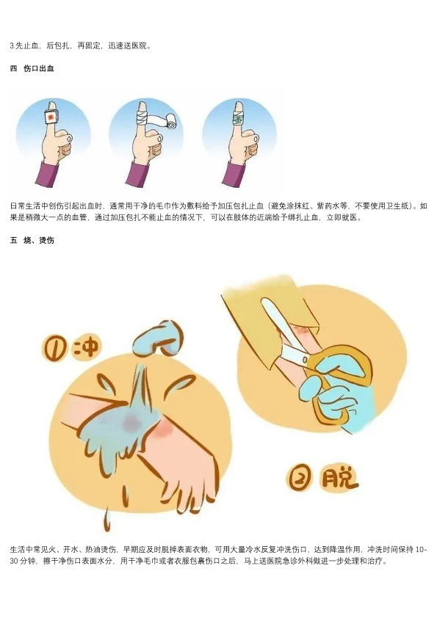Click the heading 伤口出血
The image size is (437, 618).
[x=39, y=68]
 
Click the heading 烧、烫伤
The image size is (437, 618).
[x=39, y=240]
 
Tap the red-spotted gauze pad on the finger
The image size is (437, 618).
[x=51, y=117]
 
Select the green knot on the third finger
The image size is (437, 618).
[x=237, y=117]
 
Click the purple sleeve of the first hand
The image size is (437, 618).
[x=47, y=174]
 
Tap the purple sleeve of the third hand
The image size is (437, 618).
[x=234, y=174]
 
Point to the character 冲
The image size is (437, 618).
[x=86, y=347]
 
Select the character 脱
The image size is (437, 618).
[x=340, y=477]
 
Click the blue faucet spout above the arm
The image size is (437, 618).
[x=158, y=338]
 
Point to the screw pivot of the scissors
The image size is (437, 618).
[x=305, y=359]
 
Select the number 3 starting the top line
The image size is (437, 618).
[x=12, y=46]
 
